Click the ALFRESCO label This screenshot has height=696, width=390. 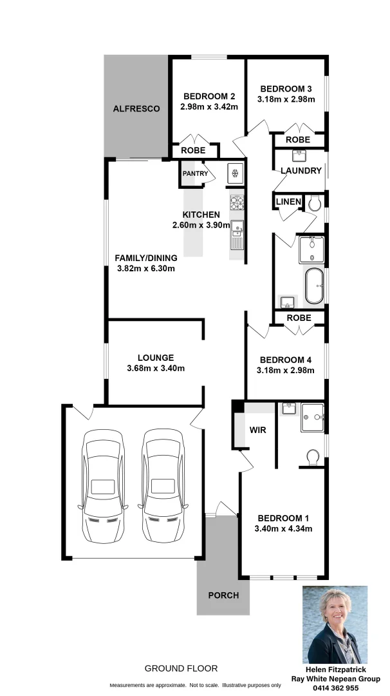click(136, 109)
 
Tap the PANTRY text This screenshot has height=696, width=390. click(195, 173)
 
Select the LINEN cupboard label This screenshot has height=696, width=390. click(288, 202)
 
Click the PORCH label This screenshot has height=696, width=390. click(223, 595)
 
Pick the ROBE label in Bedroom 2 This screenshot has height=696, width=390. click(193, 150)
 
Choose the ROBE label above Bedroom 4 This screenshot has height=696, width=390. click(299, 318)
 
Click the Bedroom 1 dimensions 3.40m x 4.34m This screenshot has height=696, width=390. click(284, 529)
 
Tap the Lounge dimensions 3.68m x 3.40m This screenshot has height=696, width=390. click(155, 369)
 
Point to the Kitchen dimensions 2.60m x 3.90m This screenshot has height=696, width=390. click(201, 225)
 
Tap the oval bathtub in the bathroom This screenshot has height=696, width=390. click(314, 286)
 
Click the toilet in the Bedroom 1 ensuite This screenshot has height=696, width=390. click(313, 456)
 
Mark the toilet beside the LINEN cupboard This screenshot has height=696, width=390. click(314, 203)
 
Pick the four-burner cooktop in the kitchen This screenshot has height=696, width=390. click(237, 203)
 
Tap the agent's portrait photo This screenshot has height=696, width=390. click(335, 624)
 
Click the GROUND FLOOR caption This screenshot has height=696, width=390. click(181, 668)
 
